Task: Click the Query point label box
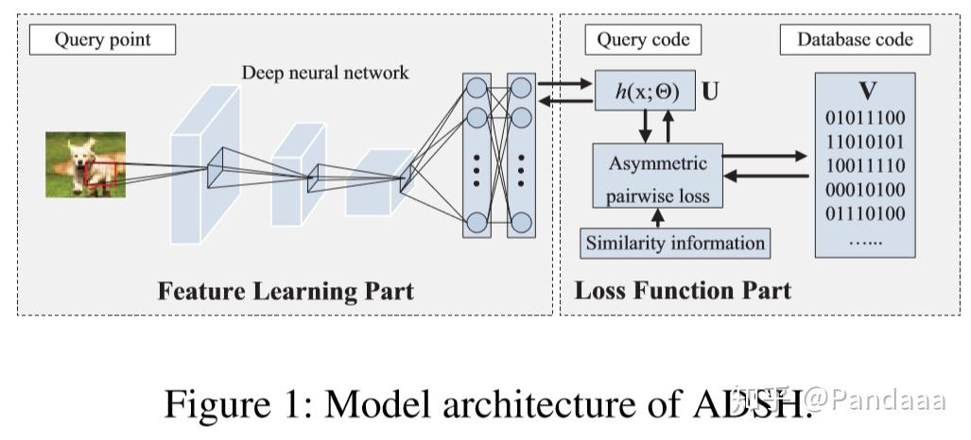[102, 40]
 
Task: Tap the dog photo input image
[85, 163]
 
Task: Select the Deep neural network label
[325, 73]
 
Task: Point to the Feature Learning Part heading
[285, 290]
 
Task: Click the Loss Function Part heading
[683, 290]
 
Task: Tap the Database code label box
[855, 40]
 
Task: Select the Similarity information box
[674, 243]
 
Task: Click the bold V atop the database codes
[865, 92]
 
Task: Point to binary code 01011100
[865, 118]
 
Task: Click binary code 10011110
[865, 165]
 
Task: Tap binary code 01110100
[865, 212]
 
